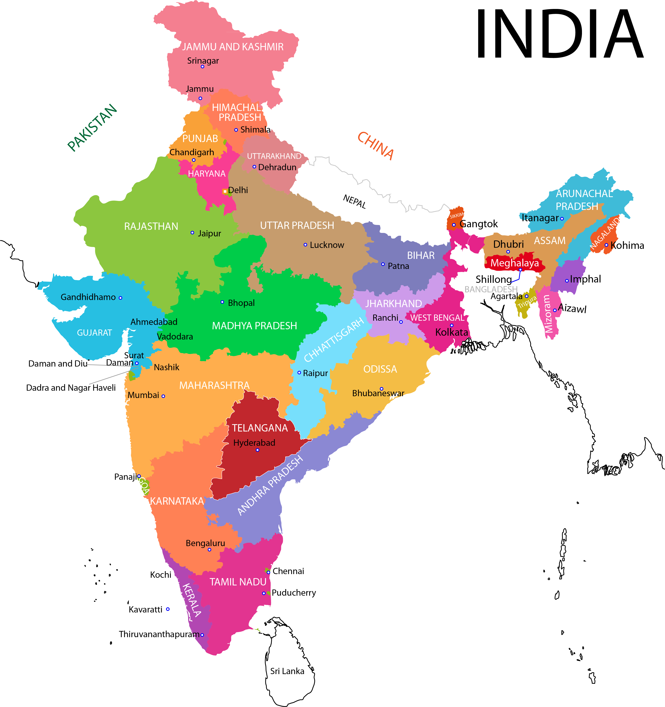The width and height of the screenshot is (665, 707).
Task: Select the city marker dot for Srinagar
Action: coord(202,67)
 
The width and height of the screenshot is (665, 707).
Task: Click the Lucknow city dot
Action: coord(305,245)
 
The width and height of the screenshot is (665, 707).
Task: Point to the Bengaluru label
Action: coord(205,543)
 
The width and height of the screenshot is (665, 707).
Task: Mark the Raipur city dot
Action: coord(299,373)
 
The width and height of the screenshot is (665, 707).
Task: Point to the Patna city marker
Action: coord(383,264)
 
